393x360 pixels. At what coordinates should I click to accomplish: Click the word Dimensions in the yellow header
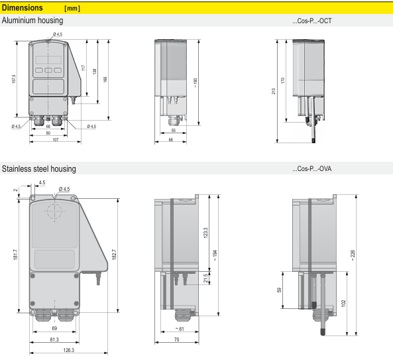coord(23,8)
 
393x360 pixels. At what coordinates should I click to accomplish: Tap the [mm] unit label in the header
coord(72,9)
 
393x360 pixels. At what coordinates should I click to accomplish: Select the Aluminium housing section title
coord(32,21)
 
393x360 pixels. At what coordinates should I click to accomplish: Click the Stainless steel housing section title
coord(39,168)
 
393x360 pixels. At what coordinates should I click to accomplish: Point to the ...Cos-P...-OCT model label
coord(312,21)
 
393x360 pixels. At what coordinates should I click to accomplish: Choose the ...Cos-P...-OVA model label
coord(312,168)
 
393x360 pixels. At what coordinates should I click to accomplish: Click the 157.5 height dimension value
coord(14,79)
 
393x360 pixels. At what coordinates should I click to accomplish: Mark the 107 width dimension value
coord(56,140)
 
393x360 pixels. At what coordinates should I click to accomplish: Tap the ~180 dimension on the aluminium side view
coord(196,82)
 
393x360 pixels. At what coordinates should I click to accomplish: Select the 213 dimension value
coord(274,91)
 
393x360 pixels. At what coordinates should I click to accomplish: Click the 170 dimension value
coord(283,80)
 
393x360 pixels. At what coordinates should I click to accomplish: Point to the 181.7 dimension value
coord(15,254)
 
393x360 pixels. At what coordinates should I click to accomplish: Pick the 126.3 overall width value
coord(69,350)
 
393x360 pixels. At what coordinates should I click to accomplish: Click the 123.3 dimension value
coord(205,233)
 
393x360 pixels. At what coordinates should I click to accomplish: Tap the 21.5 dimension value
coord(205,278)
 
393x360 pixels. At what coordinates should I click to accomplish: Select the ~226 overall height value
coord(353,255)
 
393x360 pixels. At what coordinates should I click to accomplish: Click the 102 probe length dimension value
coord(343,304)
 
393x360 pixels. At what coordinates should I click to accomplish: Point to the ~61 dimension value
coord(180,329)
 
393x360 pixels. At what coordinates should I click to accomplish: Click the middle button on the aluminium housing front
coord(48,70)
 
